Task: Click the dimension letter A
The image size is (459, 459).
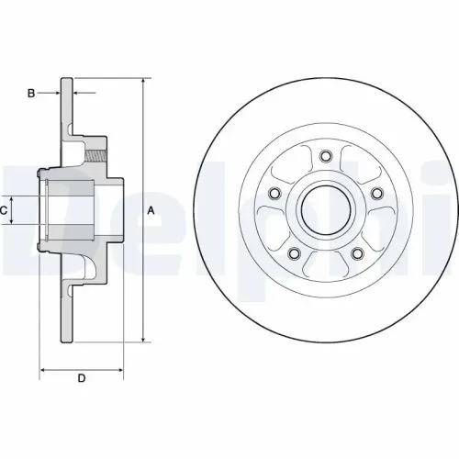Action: [x=152, y=210]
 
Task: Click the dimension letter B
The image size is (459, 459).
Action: [x=31, y=93]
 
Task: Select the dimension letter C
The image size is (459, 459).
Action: [x=5, y=210]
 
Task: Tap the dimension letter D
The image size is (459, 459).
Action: [x=81, y=378]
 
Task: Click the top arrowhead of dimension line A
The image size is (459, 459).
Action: [x=143, y=84]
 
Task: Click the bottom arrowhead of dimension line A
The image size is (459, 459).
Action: [x=143, y=340]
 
